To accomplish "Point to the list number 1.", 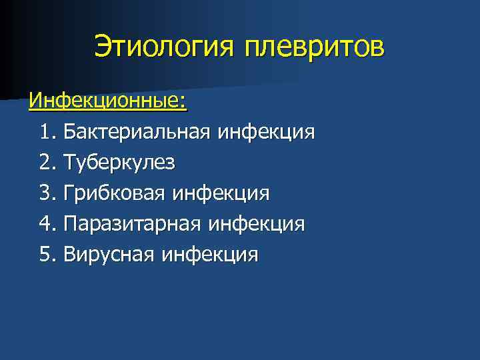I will [x=47, y=132].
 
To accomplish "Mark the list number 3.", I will [x=47, y=193].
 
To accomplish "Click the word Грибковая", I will [x=114, y=193].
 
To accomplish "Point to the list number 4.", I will [x=47, y=224].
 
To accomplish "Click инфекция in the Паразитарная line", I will [x=257, y=224].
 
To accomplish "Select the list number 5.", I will [x=47, y=255].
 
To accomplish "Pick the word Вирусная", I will [x=107, y=255].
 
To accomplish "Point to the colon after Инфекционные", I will [x=183, y=103].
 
